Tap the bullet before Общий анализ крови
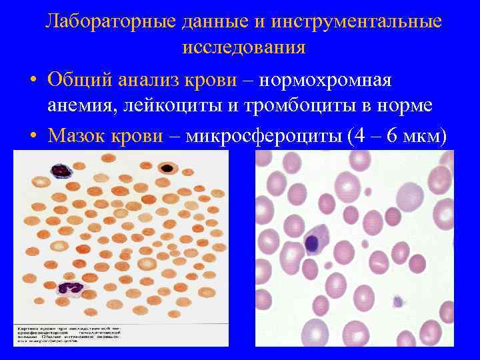32,81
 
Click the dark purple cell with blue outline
62,170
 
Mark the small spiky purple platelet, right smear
398,301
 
